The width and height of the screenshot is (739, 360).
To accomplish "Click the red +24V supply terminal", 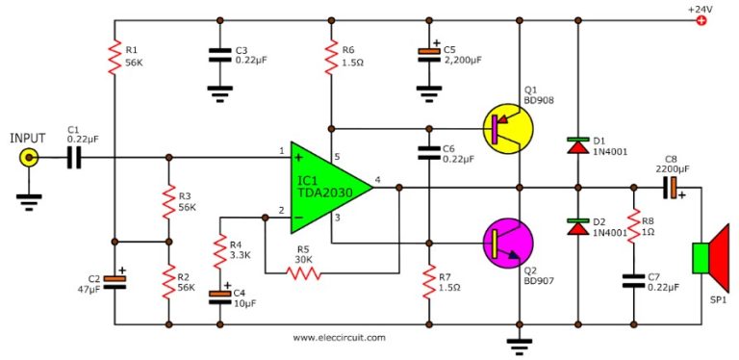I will click(x=701, y=20).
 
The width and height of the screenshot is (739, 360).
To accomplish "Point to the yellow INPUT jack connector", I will click(x=31, y=158).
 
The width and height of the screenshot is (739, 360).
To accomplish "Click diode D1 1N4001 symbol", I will click(x=577, y=146).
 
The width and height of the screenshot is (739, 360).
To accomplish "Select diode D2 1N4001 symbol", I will click(x=577, y=227).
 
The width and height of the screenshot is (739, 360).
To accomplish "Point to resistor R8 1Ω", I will click(x=633, y=227).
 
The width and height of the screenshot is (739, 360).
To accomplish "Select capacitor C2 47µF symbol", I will click(x=114, y=280).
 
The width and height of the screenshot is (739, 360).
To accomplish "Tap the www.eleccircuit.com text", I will click(x=339, y=338).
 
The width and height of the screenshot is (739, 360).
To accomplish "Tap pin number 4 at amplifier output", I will click(x=377, y=179).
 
